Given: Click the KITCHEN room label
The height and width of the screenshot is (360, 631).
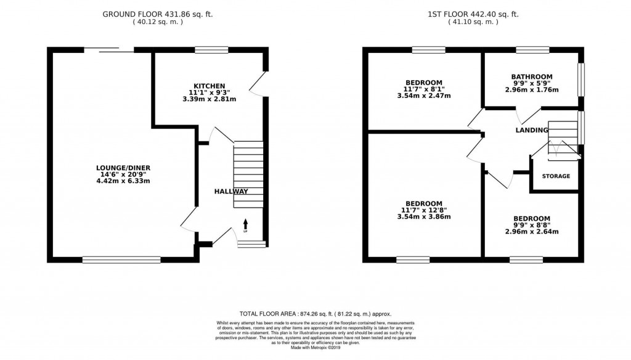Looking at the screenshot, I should (210, 86).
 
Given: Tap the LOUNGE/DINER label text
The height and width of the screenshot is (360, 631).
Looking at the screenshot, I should (123, 168).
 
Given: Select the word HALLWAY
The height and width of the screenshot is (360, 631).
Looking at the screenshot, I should (231, 192).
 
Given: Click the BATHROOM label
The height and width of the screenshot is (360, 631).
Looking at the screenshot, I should (532, 76).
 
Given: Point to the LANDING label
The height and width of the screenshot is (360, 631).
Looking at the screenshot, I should (532, 130).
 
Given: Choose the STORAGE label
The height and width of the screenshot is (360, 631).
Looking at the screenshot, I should (556, 176).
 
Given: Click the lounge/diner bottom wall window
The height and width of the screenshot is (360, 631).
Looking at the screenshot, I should (121, 260).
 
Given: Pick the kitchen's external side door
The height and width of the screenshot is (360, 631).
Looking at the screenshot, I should (261, 84).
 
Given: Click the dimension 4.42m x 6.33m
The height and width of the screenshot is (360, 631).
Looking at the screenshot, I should (123, 181).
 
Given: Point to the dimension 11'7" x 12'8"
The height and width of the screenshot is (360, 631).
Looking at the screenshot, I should (424, 210).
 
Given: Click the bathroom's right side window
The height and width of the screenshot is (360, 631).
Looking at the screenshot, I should (580, 80).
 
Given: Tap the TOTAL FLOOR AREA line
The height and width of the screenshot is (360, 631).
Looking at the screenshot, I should (315, 314).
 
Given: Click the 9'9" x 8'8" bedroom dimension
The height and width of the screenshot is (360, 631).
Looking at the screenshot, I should (532, 225).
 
